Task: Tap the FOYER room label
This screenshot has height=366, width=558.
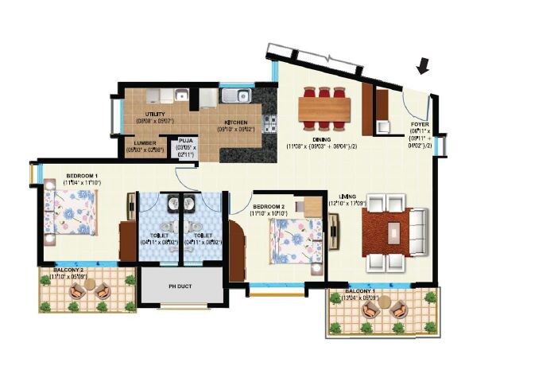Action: (420, 125)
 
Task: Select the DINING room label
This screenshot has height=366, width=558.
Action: (322, 138)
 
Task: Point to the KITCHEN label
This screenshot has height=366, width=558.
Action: (235, 123)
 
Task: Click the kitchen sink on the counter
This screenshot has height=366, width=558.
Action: (235, 96)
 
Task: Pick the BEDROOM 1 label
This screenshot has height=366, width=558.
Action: (82, 175)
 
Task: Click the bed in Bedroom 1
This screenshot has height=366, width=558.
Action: (74, 214)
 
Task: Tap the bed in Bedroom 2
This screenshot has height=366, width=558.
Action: (294, 239)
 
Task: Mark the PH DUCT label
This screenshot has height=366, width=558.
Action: (182, 286)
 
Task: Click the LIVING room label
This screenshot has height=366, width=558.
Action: (347, 197)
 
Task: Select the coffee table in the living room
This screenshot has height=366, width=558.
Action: (393, 232)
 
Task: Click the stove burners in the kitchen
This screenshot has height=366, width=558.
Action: (270, 122)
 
